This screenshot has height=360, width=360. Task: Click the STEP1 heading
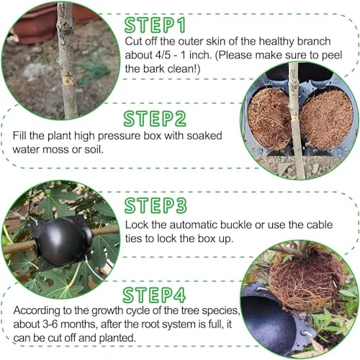coord(155,25)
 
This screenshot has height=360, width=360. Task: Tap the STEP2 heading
coord(155,119)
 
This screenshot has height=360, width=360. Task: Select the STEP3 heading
coord(156,206)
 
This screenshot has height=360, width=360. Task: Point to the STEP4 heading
coord(154,295)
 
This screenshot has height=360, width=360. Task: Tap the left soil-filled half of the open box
coord(269,119)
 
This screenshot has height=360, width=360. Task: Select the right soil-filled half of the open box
coord(327,120)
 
